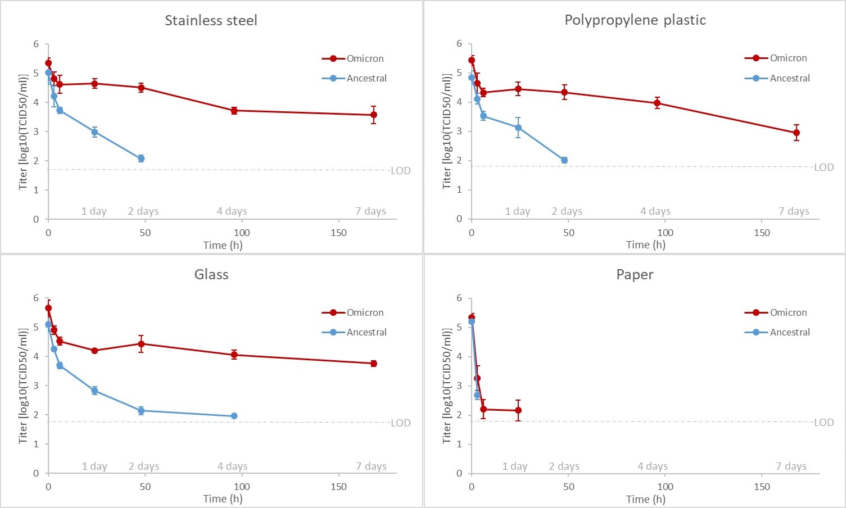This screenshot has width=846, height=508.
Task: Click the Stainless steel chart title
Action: [x=211, y=21]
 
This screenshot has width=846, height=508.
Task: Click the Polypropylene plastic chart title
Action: [x=635, y=20]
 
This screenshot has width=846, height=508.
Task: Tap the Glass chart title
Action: [x=211, y=275]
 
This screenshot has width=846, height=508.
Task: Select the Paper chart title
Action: [x=635, y=275]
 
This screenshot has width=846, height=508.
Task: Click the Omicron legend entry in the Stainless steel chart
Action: [x=365, y=58]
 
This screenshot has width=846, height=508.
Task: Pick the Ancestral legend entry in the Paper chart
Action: [x=789, y=332]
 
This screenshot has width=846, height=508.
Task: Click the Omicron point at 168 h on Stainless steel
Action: [x=373, y=115]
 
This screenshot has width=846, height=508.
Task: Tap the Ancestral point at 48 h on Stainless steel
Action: [x=141, y=158]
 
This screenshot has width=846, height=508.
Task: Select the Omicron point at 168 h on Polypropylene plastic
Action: [x=797, y=133]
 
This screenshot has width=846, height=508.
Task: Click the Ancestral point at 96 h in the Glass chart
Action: [x=234, y=416]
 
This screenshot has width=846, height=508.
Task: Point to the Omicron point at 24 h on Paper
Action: [x=518, y=410]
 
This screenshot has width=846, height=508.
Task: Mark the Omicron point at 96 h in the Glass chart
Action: [x=234, y=355]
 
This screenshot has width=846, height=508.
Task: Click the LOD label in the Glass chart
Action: [x=401, y=423]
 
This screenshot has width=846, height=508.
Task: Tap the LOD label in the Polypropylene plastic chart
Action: [x=824, y=167]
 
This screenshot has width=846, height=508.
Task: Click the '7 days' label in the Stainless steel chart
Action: [x=370, y=211]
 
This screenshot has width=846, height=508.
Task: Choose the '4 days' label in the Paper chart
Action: [x=653, y=466]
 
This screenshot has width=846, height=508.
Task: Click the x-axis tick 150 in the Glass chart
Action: [x=338, y=487]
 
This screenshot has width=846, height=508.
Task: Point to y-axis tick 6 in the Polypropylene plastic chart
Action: [x=459, y=44]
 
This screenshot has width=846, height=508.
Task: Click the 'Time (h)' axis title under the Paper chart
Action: [x=646, y=499]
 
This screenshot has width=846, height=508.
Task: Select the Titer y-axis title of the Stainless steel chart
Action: [x=23, y=131]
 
